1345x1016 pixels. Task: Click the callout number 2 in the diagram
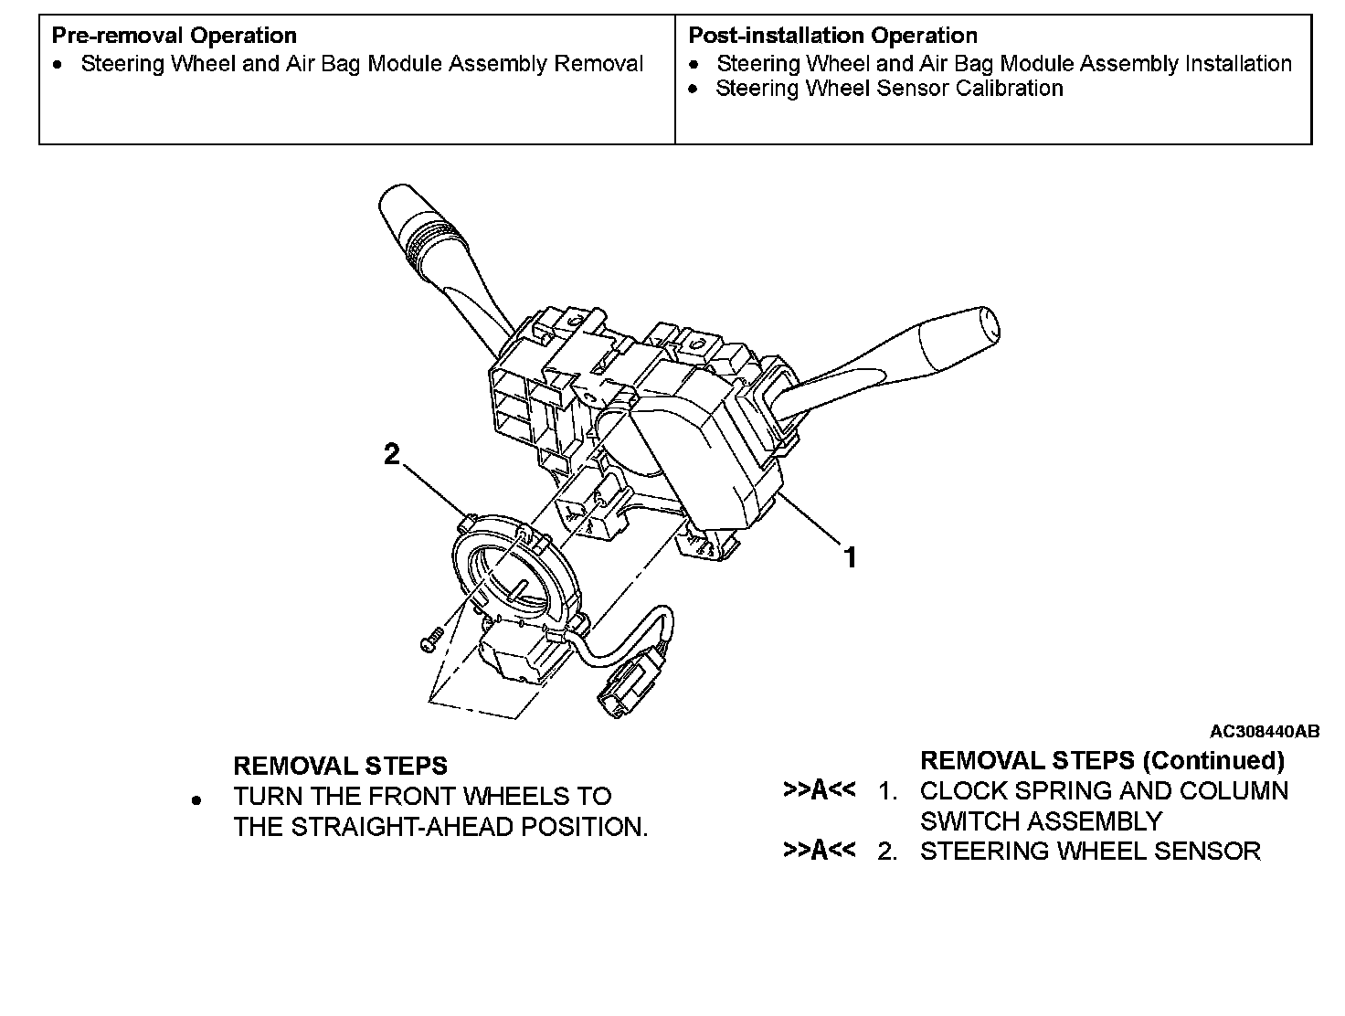coord(392,454)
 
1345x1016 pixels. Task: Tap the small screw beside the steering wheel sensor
coord(431,636)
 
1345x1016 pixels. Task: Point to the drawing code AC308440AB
coord(1264,731)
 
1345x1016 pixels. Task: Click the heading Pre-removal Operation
coord(174,36)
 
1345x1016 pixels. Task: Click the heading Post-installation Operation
coord(832,36)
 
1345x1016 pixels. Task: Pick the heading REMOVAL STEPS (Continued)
coord(1102,760)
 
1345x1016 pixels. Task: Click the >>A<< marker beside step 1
coord(819,790)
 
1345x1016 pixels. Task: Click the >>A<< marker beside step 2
coord(819,851)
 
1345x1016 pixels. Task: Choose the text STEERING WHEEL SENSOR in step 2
coord(1090,851)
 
